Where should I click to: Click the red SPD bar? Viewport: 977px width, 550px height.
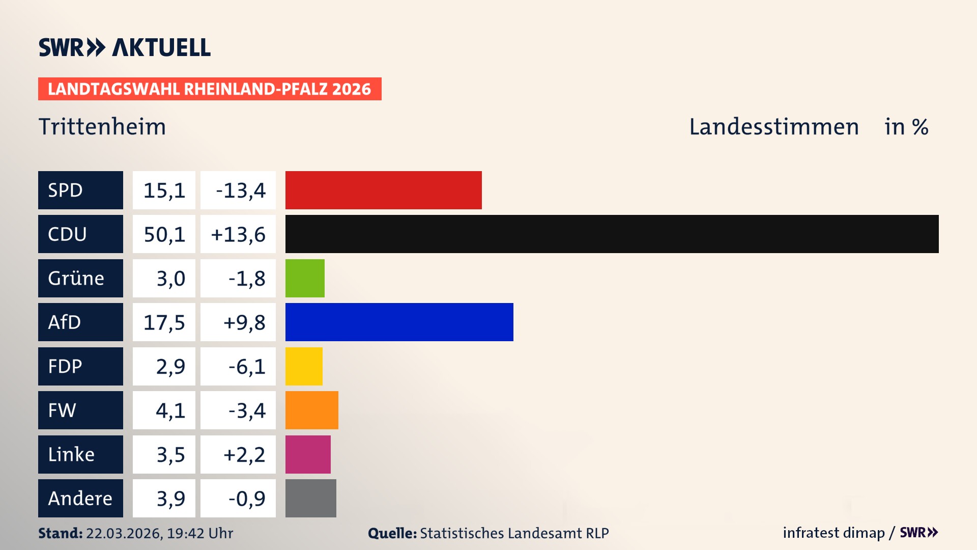tap(383, 190)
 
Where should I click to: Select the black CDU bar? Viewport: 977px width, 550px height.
tap(612, 234)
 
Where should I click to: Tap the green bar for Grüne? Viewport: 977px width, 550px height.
tap(305, 278)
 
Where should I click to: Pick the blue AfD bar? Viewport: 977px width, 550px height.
tap(399, 322)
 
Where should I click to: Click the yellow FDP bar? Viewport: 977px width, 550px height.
tap(304, 366)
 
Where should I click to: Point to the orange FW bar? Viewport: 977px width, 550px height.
tap(311, 410)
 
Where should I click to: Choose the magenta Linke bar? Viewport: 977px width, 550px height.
tap(308, 454)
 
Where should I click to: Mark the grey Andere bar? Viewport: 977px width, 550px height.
tap(310, 498)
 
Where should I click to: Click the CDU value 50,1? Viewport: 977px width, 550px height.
tap(164, 234)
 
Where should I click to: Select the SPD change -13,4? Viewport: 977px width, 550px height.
tap(240, 190)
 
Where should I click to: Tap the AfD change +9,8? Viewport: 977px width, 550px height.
tap(244, 322)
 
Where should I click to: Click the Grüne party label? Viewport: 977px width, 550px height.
tap(76, 279)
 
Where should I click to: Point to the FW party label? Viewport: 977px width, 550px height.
tap(62, 410)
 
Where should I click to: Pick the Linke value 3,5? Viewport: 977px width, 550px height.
tap(170, 454)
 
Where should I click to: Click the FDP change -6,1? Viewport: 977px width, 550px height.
tap(246, 367)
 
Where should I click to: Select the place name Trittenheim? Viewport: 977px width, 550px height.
tap(102, 127)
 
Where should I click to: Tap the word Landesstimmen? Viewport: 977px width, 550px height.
tap(773, 127)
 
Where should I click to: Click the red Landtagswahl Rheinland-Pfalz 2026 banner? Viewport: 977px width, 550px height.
tap(209, 89)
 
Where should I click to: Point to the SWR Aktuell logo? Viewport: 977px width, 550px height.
tap(125, 47)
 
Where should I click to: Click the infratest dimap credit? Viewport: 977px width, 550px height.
tap(833, 533)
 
